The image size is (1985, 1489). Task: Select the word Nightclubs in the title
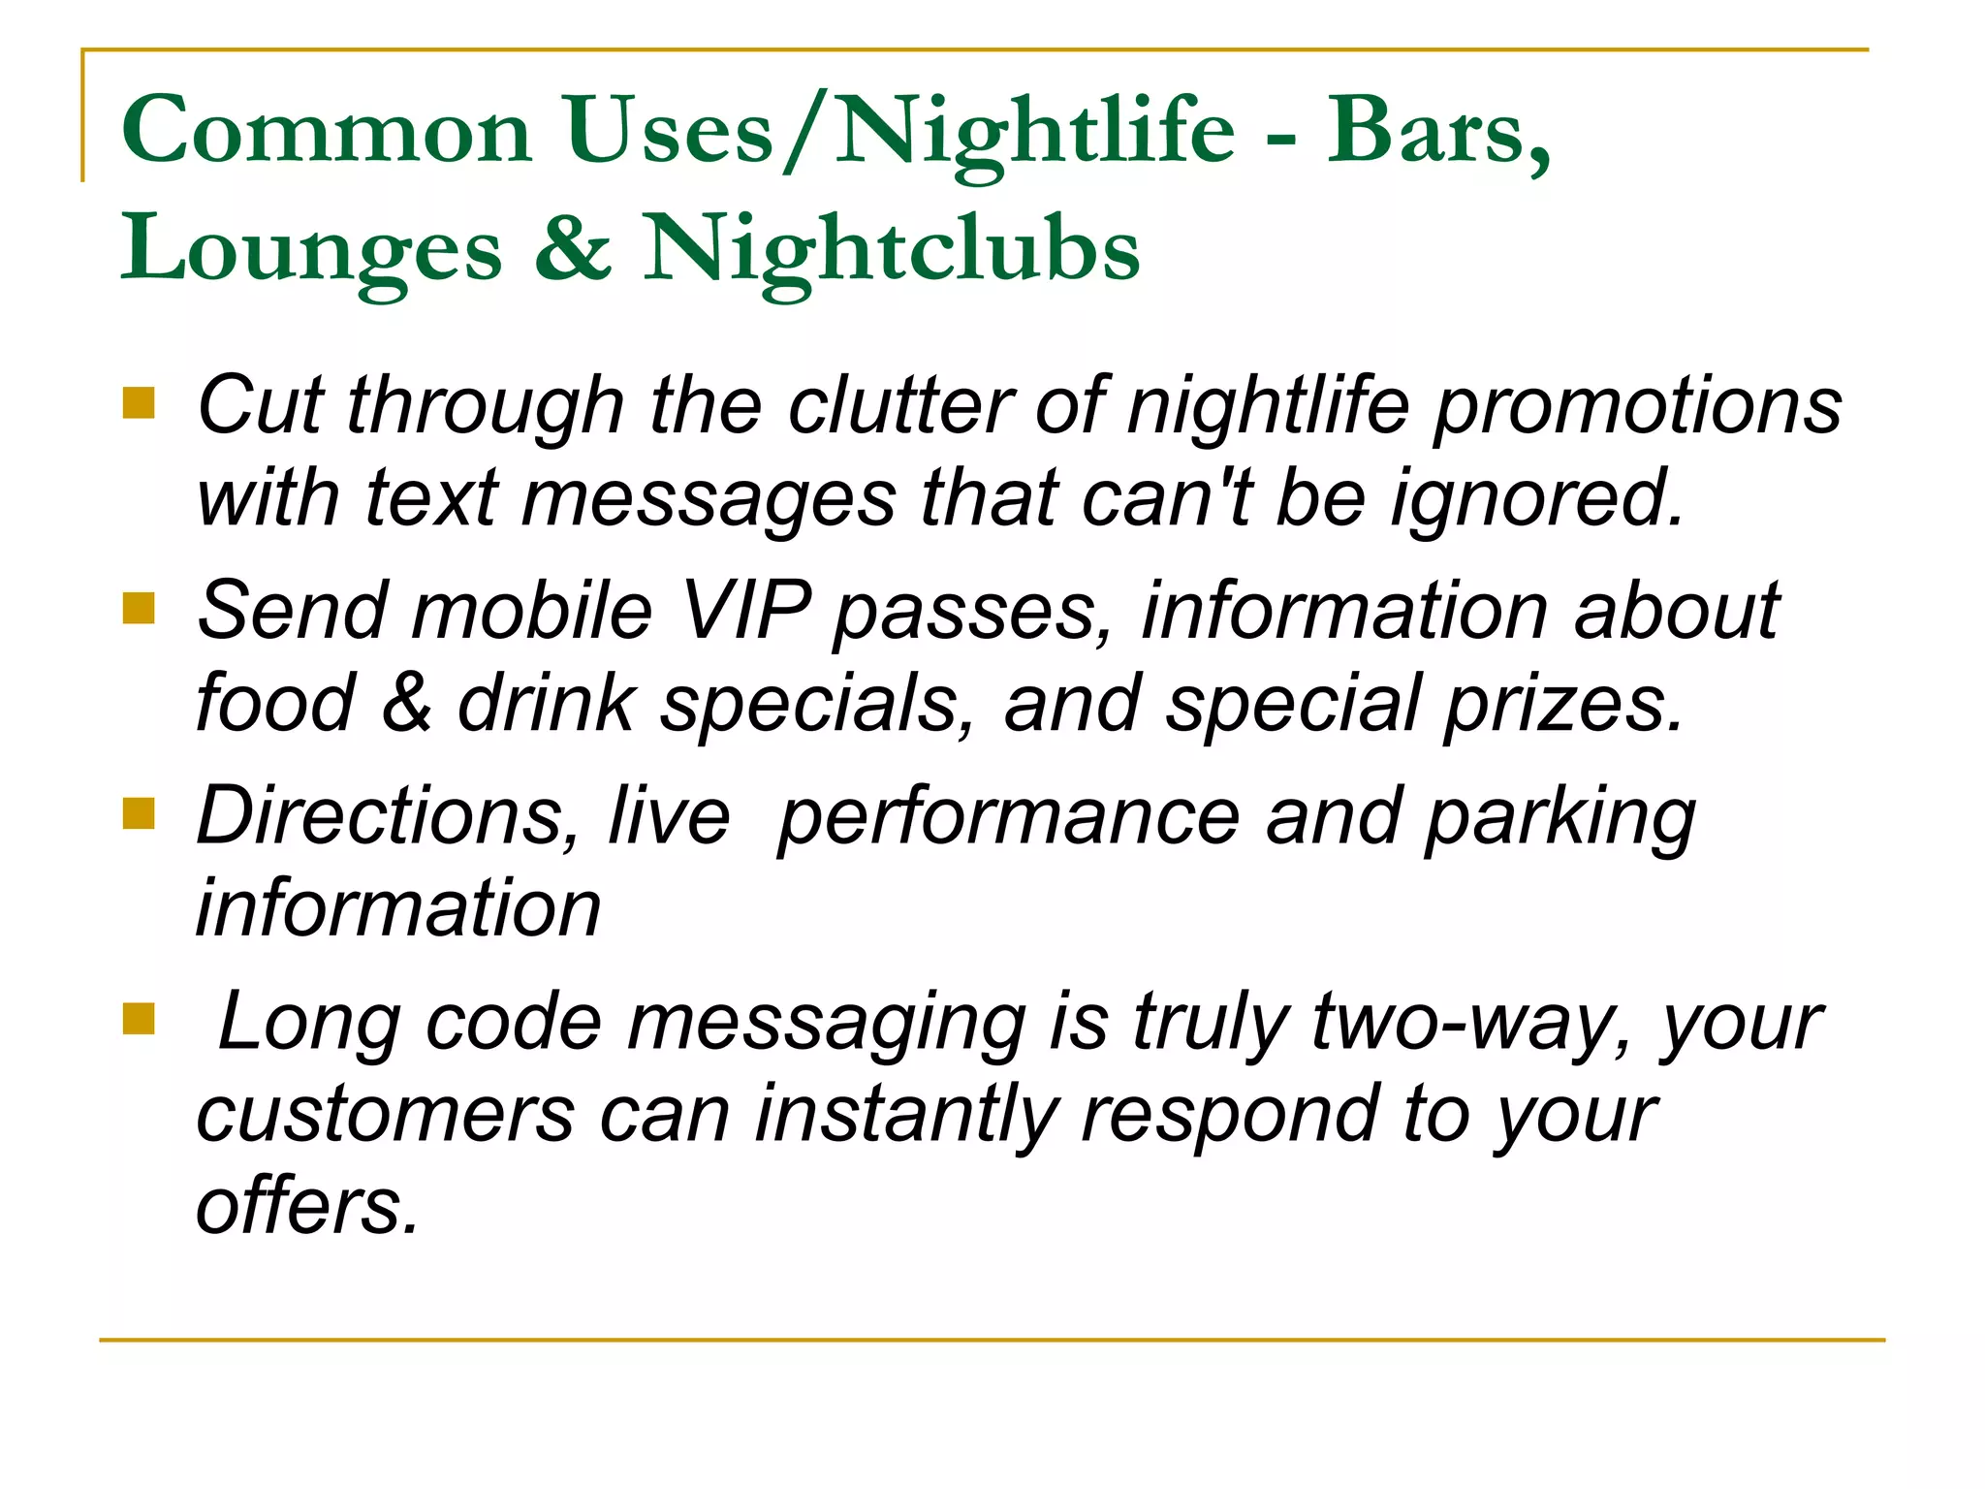[892, 250]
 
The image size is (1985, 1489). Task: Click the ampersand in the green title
[573, 248]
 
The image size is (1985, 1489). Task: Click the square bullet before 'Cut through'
[140, 402]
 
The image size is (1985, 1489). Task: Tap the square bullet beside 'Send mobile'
[140, 609]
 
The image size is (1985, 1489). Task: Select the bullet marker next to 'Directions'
[140, 814]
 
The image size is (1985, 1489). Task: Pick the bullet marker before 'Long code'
[140, 1019]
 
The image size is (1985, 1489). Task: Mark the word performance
[1009, 817]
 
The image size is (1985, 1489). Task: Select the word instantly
[906, 1115]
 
